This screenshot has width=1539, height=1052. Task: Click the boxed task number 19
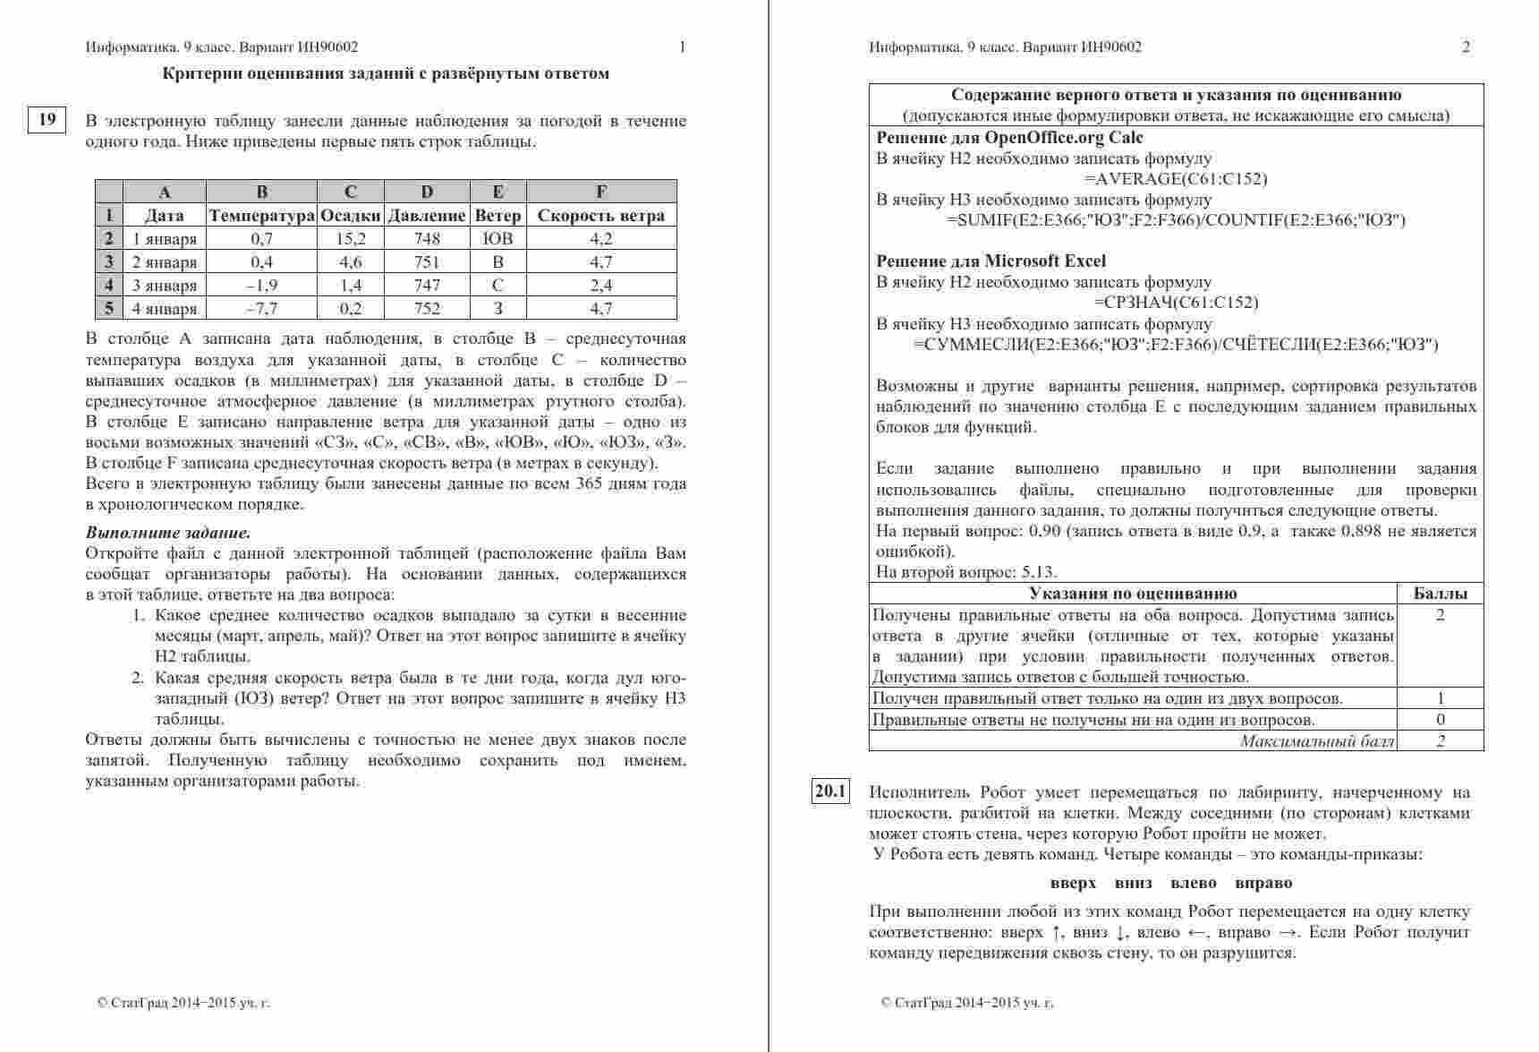(47, 119)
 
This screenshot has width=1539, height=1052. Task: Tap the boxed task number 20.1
(830, 791)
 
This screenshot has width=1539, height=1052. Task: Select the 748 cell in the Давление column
(427, 239)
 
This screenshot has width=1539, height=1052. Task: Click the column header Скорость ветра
(600, 216)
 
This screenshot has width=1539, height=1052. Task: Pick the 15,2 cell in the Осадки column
(351, 239)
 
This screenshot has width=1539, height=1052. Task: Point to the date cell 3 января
(165, 286)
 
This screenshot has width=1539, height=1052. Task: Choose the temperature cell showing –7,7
(262, 309)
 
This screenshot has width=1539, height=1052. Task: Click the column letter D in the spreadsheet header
(427, 192)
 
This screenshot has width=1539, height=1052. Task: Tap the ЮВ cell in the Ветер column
(497, 239)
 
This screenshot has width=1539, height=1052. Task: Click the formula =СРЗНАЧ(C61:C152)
(1175, 303)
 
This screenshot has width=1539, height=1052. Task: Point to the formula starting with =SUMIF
(1175, 220)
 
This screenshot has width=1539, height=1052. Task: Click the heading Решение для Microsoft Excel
(991, 261)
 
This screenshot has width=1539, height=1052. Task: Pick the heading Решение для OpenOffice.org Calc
(1009, 138)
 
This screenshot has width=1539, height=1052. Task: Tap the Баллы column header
(1440, 594)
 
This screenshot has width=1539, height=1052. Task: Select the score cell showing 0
(1440, 720)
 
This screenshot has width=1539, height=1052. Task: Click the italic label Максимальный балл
(1317, 740)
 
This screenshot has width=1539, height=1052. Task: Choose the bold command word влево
(1193, 884)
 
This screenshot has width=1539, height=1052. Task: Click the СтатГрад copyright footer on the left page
(183, 1003)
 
